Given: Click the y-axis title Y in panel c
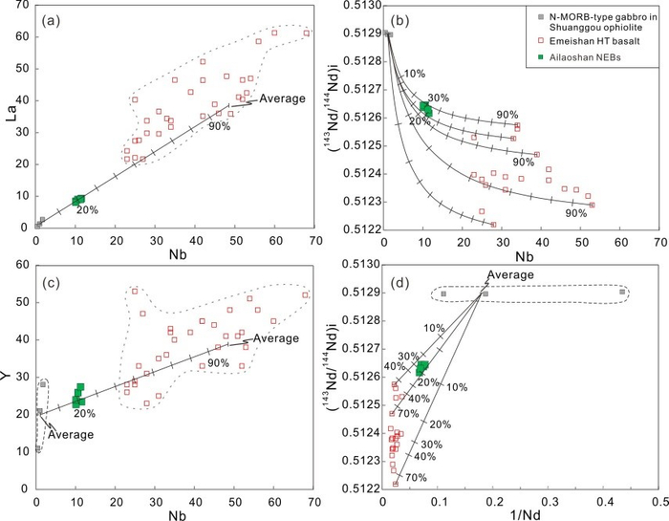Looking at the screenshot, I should pyautogui.click(x=10, y=377).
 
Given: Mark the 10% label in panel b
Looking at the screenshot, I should pyautogui.click(x=415, y=74).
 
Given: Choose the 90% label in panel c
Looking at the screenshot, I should pyautogui.click(x=218, y=363).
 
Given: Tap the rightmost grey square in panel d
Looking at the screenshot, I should pyautogui.click(x=622, y=292).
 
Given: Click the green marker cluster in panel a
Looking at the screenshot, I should pyautogui.click(x=78, y=200).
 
